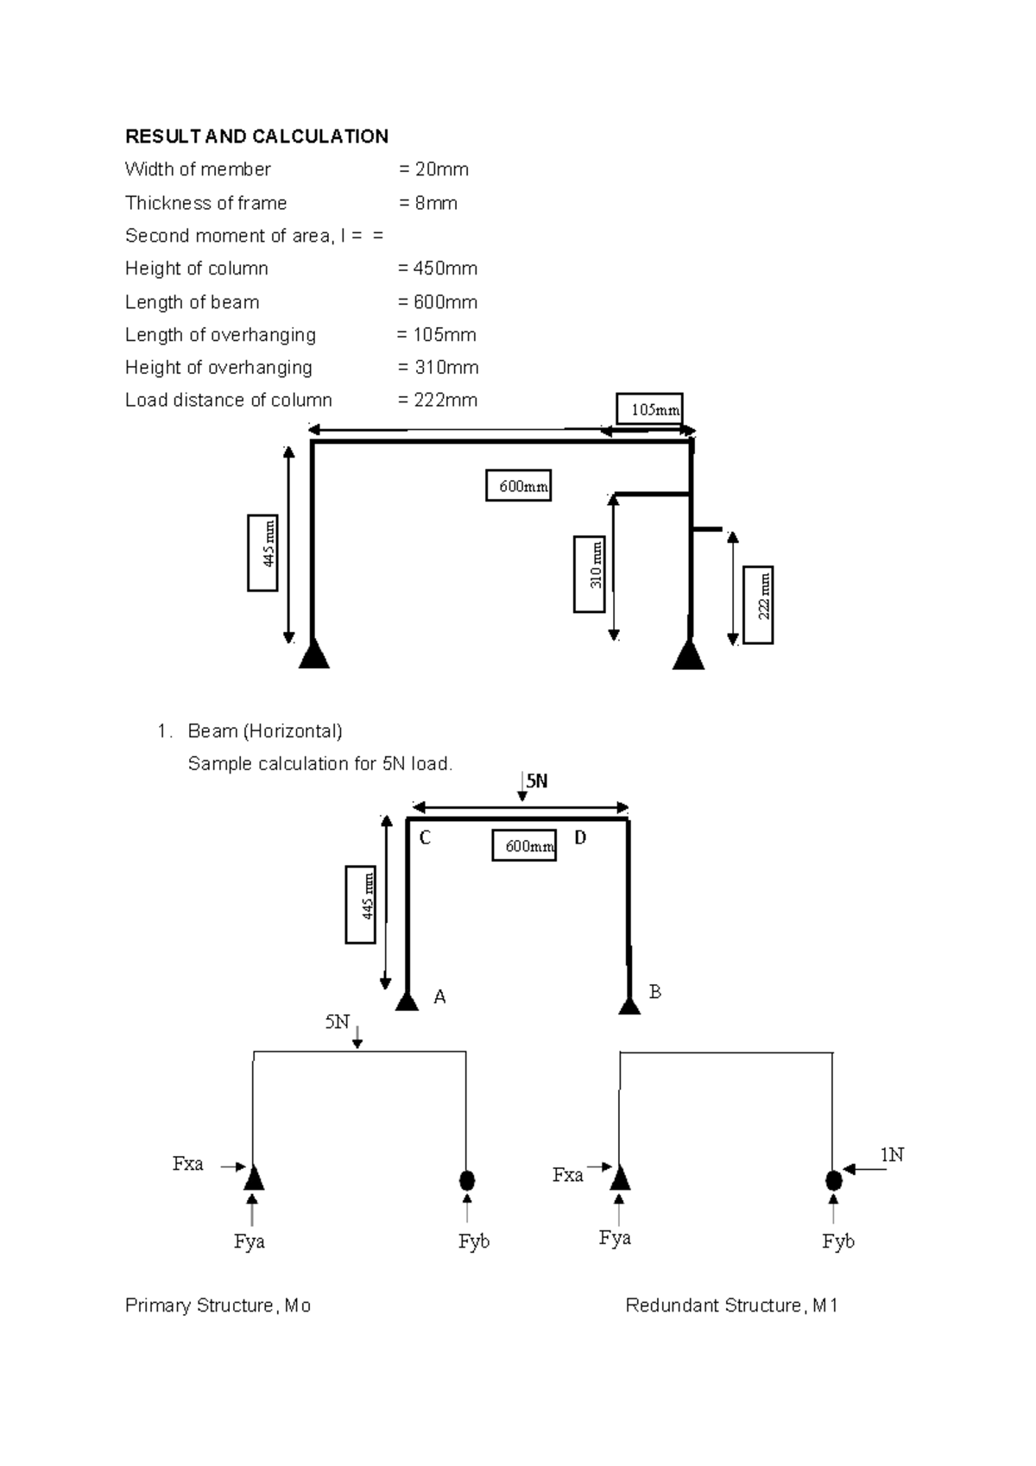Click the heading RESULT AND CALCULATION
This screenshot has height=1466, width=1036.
[256, 136]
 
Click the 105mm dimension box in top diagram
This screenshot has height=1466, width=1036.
[649, 409]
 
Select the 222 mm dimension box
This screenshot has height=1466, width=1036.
[759, 604]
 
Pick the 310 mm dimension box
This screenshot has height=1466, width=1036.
[589, 574]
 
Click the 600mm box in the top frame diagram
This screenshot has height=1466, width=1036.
[518, 486]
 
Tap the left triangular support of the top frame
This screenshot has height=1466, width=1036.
[314, 654]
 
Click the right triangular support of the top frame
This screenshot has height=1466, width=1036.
[688, 654]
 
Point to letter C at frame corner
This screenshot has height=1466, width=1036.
[425, 838]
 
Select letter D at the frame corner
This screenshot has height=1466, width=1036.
[580, 837]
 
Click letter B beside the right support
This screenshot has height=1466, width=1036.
[654, 992]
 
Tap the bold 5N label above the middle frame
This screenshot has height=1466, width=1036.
[537, 781]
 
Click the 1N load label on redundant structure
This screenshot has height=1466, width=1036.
[892, 1154]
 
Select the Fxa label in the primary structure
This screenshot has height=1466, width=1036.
[187, 1164]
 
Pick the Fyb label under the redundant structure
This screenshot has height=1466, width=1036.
[837, 1242]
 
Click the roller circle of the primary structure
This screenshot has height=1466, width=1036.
[467, 1179]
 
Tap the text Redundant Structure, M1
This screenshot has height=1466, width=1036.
[731, 1305]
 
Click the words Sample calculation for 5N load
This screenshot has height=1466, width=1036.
[319, 764]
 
